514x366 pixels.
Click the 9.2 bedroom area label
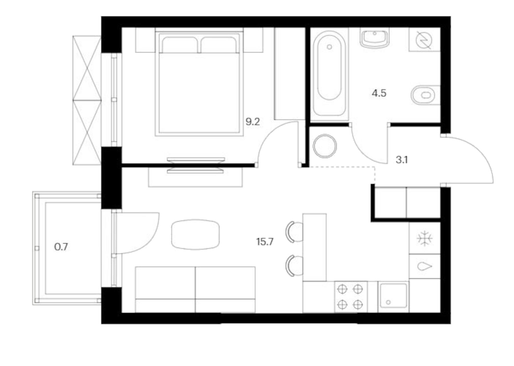tap(253, 122)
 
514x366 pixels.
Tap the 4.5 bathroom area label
tap(379, 93)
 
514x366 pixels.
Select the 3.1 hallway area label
tap(401, 160)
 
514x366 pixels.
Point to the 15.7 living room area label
tap(265, 242)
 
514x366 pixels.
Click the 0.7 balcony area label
tap(61, 247)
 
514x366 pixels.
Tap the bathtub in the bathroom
tap(329, 74)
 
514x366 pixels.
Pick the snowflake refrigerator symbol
tap(425, 238)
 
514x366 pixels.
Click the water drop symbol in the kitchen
tap(425, 267)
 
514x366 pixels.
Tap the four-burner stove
tap(350, 297)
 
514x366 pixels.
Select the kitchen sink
tap(393, 296)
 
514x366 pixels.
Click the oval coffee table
tap(195, 234)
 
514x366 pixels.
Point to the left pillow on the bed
tap(179, 45)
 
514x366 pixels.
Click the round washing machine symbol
tap(325, 146)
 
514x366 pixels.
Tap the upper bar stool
tap(295, 232)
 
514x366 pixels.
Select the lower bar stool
tap(295, 266)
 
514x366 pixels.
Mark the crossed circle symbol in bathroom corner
tap(424, 40)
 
